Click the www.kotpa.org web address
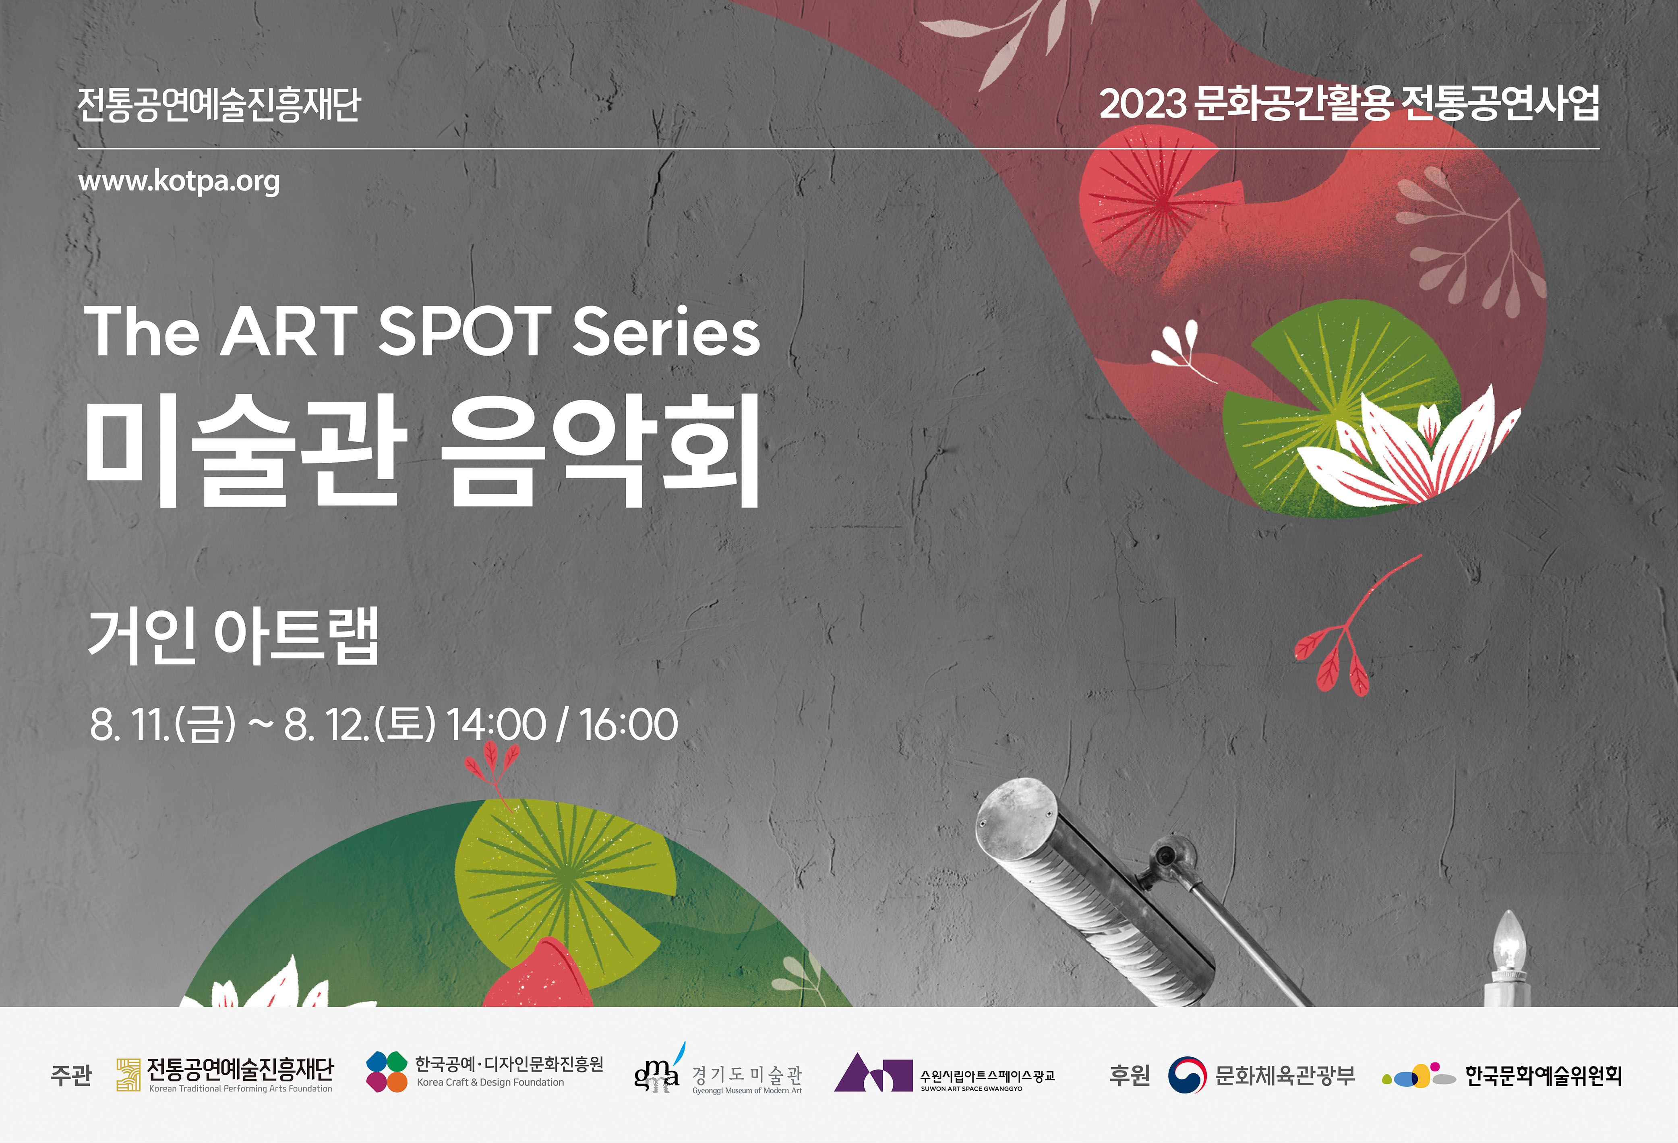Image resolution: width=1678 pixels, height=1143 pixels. click(179, 181)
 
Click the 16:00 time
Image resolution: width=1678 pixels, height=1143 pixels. click(628, 724)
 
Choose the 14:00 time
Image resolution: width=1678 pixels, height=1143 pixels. click(496, 724)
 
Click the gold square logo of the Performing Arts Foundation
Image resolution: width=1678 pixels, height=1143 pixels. click(128, 1075)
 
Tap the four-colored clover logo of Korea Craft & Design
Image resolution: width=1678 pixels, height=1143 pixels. click(387, 1072)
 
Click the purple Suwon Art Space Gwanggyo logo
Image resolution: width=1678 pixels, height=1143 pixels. click(874, 1073)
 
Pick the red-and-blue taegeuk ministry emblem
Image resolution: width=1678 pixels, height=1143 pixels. click(1187, 1075)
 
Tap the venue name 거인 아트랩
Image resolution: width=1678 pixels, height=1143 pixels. click(233, 636)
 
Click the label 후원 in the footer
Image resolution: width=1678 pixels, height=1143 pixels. click(1129, 1075)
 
